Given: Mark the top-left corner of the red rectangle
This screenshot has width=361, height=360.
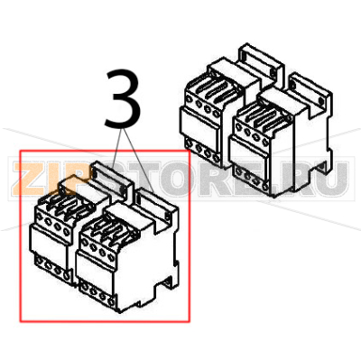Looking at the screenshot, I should tap(21, 152).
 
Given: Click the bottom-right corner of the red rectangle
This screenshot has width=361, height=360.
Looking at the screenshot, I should tap(189, 320).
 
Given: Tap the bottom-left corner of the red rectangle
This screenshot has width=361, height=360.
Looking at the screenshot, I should tap(21, 320).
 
